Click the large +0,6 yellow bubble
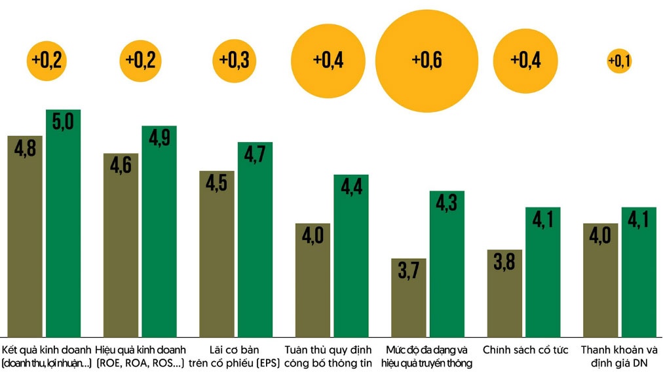pyautogui.click(x=426, y=60)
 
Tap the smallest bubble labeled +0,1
pyautogui.click(x=619, y=61)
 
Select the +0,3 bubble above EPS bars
pyautogui.click(x=234, y=60)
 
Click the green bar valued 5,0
pyautogui.click(x=63, y=223)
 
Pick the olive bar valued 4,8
pyautogui.click(x=24, y=236)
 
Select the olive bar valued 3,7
pyautogui.click(x=408, y=298)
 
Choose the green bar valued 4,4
pyautogui.click(x=351, y=255)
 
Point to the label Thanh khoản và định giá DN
pyautogui.click(x=619, y=356)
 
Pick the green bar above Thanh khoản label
pyautogui.click(x=639, y=272)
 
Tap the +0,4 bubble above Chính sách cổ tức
pyautogui.click(x=525, y=60)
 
